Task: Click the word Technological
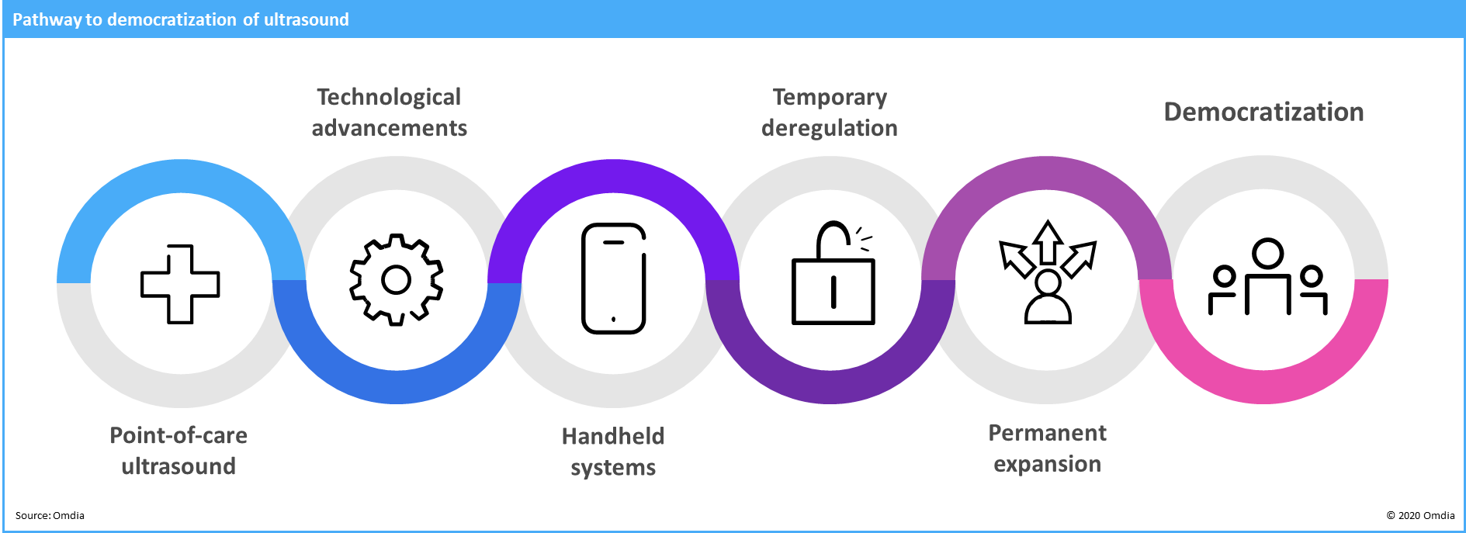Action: click(x=389, y=97)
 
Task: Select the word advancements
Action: click(x=389, y=128)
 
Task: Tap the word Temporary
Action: click(x=830, y=97)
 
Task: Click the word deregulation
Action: click(x=830, y=128)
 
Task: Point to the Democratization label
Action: click(x=1263, y=112)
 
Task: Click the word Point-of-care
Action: click(x=178, y=435)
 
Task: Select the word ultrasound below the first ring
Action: click(x=178, y=466)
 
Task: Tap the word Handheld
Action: click(x=612, y=436)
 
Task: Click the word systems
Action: click(x=612, y=468)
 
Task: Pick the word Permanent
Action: click(x=1047, y=433)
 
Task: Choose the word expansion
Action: click(x=1047, y=464)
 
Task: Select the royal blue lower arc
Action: click(x=397, y=386)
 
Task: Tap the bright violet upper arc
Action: click(x=613, y=176)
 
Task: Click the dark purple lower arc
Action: click(x=830, y=386)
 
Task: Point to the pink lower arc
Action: click(x=1263, y=386)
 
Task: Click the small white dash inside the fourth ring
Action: click(x=848, y=249)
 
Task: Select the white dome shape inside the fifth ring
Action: click(x=1048, y=310)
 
